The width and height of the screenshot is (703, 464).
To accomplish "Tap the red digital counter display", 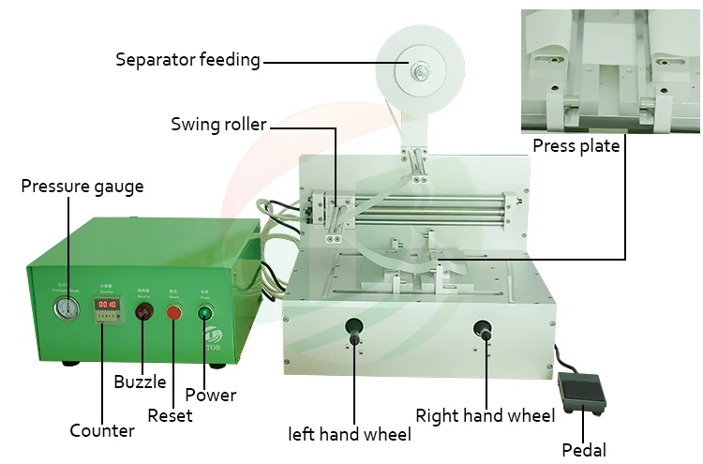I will [107, 305].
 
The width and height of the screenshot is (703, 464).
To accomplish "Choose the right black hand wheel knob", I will [484, 329].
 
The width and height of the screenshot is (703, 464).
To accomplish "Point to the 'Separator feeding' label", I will [187, 60].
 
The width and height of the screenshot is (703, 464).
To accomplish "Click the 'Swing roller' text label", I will [218, 124].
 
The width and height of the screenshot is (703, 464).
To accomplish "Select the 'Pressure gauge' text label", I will [82, 186].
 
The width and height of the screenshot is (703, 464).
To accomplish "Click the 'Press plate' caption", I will [576, 145].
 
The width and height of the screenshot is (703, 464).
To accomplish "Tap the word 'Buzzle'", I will [141, 382].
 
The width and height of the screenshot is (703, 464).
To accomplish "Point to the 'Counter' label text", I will [102, 431].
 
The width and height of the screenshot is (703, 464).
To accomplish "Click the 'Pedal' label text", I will [584, 449].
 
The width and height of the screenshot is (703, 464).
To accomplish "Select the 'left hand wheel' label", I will [350, 434].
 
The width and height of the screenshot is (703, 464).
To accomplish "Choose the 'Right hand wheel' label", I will [486, 414].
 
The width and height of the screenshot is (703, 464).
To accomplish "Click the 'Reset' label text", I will [171, 414].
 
